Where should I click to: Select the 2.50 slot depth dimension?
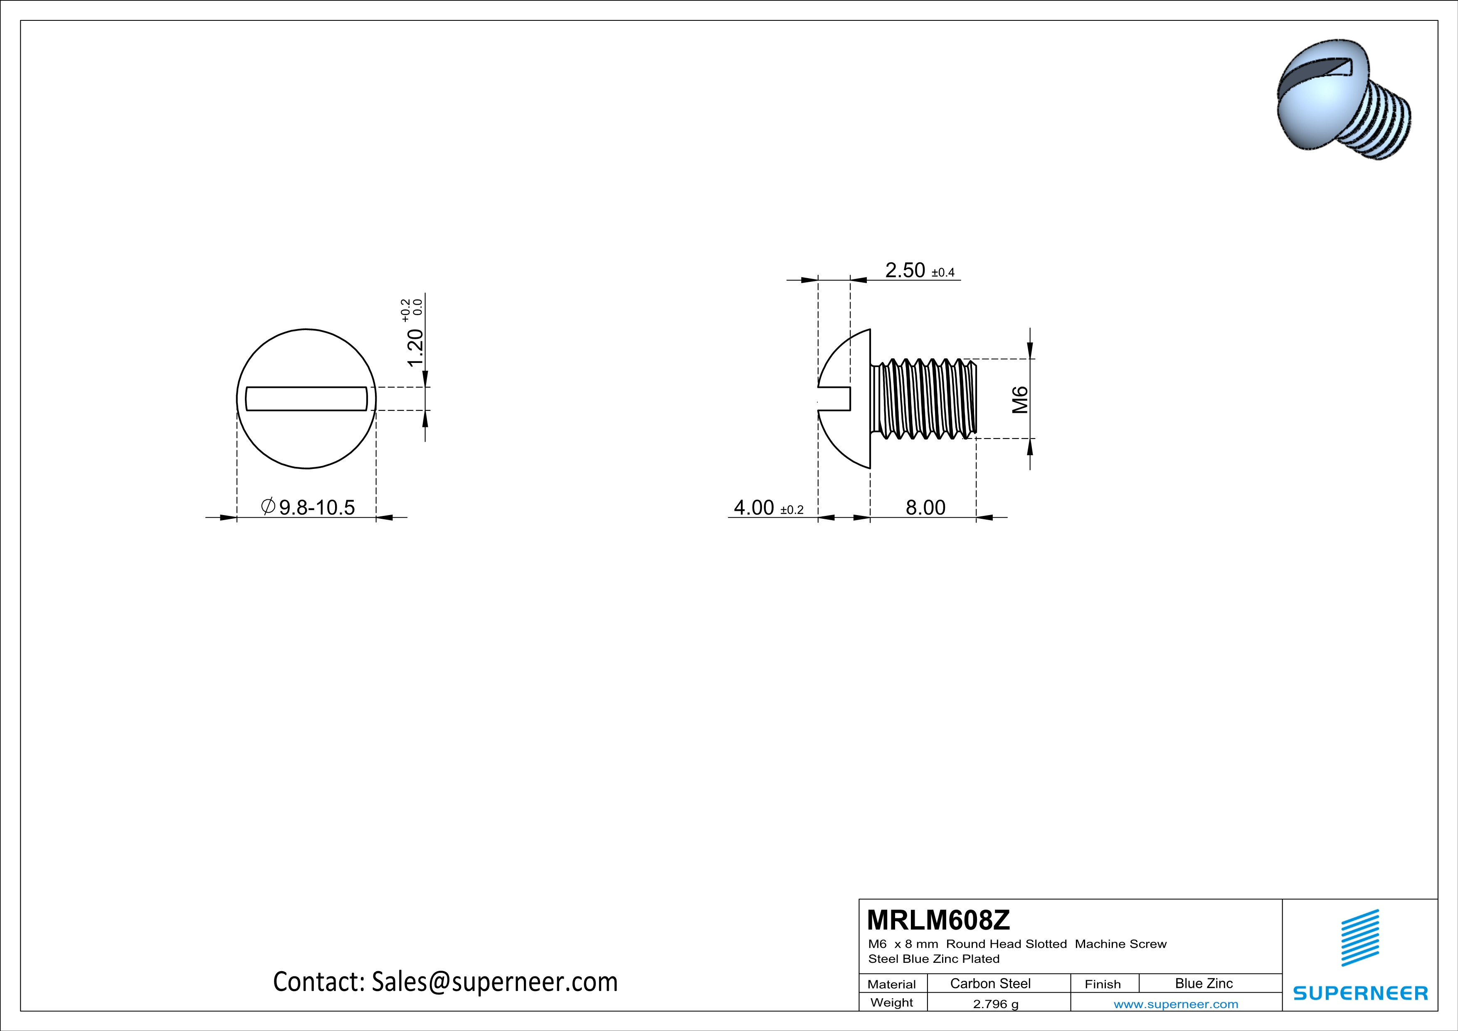[x=905, y=271]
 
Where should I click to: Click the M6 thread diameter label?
[x=1020, y=400]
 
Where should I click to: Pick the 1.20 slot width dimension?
[x=414, y=348]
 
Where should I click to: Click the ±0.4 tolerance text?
[x=943, y=273]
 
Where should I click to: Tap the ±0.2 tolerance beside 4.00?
[x=792, y=510]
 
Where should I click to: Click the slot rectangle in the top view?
[x=306, y=399]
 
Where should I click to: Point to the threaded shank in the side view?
[x=924, y=399]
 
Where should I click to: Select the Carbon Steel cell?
[x=990, y=983]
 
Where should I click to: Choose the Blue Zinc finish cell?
[x=1203, y=983]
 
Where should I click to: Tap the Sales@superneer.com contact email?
[x=494, y=982]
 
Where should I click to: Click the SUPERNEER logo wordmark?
[x=1360, y=993]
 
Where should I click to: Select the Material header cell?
[x=892, y=984]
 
